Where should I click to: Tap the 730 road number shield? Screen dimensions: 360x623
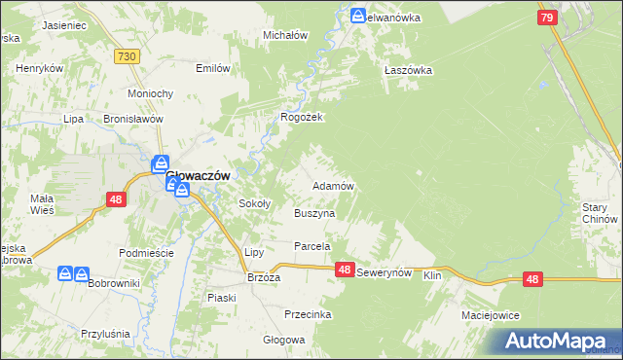[126, 57]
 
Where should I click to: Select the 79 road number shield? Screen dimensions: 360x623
[547, 18]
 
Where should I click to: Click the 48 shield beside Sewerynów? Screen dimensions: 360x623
[345, 270]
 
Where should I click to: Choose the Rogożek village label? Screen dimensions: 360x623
[302, 117]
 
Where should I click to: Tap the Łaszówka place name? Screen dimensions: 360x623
[408, 70]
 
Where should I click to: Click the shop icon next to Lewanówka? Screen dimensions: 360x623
[359, 16]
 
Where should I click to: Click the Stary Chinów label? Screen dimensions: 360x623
[602, 213]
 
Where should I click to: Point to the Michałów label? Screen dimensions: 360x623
[286, 35]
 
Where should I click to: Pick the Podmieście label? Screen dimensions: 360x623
[145, 253]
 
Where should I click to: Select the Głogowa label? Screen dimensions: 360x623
[284, 341]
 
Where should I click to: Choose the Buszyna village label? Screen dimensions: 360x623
[314, 213]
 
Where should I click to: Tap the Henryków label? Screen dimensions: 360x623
[40, 69]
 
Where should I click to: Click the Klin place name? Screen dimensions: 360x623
[433, 277]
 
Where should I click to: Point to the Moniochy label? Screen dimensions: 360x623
[151, 93]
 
